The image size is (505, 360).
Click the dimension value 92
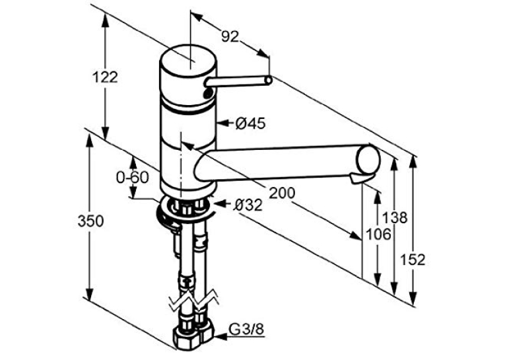pyautogui.click(x=230, y=37)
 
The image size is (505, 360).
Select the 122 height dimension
pyautogui.click(x=105, y=77)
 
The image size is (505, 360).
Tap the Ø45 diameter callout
pyautogui.click(x=250, y=123)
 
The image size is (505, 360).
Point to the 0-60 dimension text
pyautogui.click(x=133, y=178)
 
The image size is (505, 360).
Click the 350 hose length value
pyautogui.click(x=91, y=221)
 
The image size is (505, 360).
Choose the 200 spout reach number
pyautogui.click(x=282, y=193)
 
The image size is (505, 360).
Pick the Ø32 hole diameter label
pyautogui.click(x=248, y=205)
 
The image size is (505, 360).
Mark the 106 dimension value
pyautogui.click(x=379, y=234)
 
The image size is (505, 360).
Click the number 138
pyautogui.click(x=395, y=218)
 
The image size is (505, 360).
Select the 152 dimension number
pyautogui.click(x=413, y=260)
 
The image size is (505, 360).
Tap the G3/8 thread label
pyautogui.click(x=246, y=330)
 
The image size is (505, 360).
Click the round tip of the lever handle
pyautogui.click(x=268, y=80)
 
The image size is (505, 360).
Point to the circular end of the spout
pyautogui.click(x=369, y=160)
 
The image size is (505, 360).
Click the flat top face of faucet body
pyautogui.click(x=188, y=61)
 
